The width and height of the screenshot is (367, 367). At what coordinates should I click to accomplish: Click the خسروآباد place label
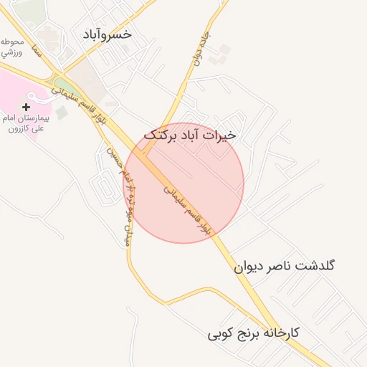(x=106, y=34)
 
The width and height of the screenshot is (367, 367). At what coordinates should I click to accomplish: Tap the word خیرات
(x=219, y=134)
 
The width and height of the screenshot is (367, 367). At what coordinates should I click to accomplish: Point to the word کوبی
(x=216, y=334)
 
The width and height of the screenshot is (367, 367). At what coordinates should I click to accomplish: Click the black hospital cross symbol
(x=27, y=107)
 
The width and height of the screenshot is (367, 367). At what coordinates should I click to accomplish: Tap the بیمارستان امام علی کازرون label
(x=26, y=123)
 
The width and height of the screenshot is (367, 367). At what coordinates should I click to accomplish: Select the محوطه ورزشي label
(x=13, y=47)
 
